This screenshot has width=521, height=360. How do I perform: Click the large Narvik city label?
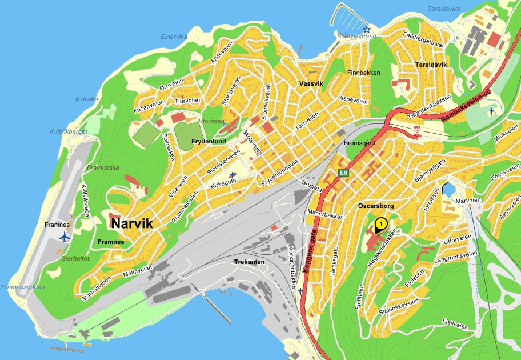coord(132,223)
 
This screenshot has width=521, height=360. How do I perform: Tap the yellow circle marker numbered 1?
coord(380,222)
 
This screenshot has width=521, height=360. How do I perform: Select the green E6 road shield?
coord(343,173)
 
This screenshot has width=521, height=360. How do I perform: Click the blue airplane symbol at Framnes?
coord(63,237)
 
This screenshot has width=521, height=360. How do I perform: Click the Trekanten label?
coord(249,262)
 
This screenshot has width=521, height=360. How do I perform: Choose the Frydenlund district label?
coord(209,141)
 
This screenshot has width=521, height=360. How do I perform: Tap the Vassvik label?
coord(311,83)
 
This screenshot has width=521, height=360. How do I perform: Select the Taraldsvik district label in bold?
coord(431,65)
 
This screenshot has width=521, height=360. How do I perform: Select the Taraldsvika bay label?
coord(444,9)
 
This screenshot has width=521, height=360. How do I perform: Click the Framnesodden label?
coord(23,287)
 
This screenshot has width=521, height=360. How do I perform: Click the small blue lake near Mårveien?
coord(447,189)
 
